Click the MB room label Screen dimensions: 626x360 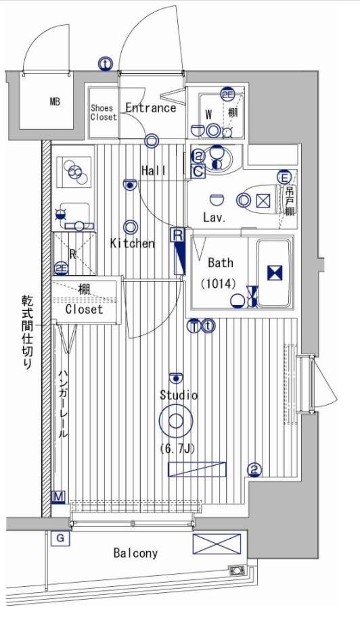pyautogui.click(x=54, y=103)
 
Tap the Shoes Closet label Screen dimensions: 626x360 pyautogui.click(x=104, y=112)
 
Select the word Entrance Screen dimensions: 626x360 pyautogui.click(x=150, y=107)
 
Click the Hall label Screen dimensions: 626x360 pyautogui.click(x=154, y=170)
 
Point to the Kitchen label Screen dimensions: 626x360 pyautogui.click(x=133, y=243)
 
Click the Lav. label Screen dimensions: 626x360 pyautogui.click(x=214, y=218)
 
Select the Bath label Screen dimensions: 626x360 pyautogui.click(x=220, y=262)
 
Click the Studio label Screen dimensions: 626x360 pyautogui.click(x=179, y=395)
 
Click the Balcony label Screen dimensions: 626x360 pyautogui.click(x=135, y=553)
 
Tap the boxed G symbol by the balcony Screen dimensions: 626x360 pyautogui.click(x=60, y=537)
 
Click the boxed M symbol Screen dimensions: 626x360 pyautogui.click(x=59, y=498)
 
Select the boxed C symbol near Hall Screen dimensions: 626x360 pyautogui.click(x=198, y=172)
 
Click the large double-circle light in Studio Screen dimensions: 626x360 pyautogui.click(x=176, y=422)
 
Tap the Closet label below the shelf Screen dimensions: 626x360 pyautogui.click(x=85, y=309)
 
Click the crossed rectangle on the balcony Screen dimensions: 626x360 pyautogui.click(x=217, y=544)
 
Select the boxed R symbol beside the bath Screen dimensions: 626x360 pyautogui.click(x=178, y=235)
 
